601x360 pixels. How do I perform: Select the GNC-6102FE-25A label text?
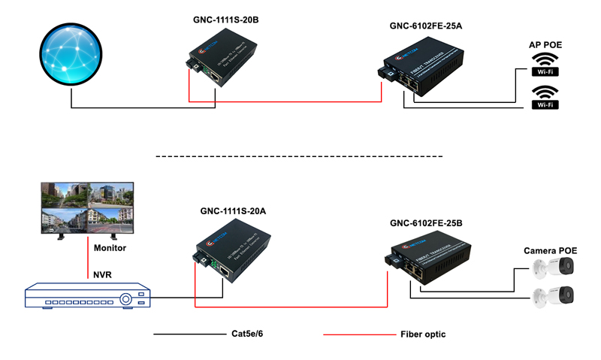click(425, 26)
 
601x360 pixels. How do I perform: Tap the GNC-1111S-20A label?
click(233, 211)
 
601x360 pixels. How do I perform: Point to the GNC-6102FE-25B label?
click(426, 223)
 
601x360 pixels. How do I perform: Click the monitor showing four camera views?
click(86, 207)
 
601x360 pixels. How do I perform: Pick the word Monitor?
click(110, 247)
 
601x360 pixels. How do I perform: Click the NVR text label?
click(102, 274)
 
